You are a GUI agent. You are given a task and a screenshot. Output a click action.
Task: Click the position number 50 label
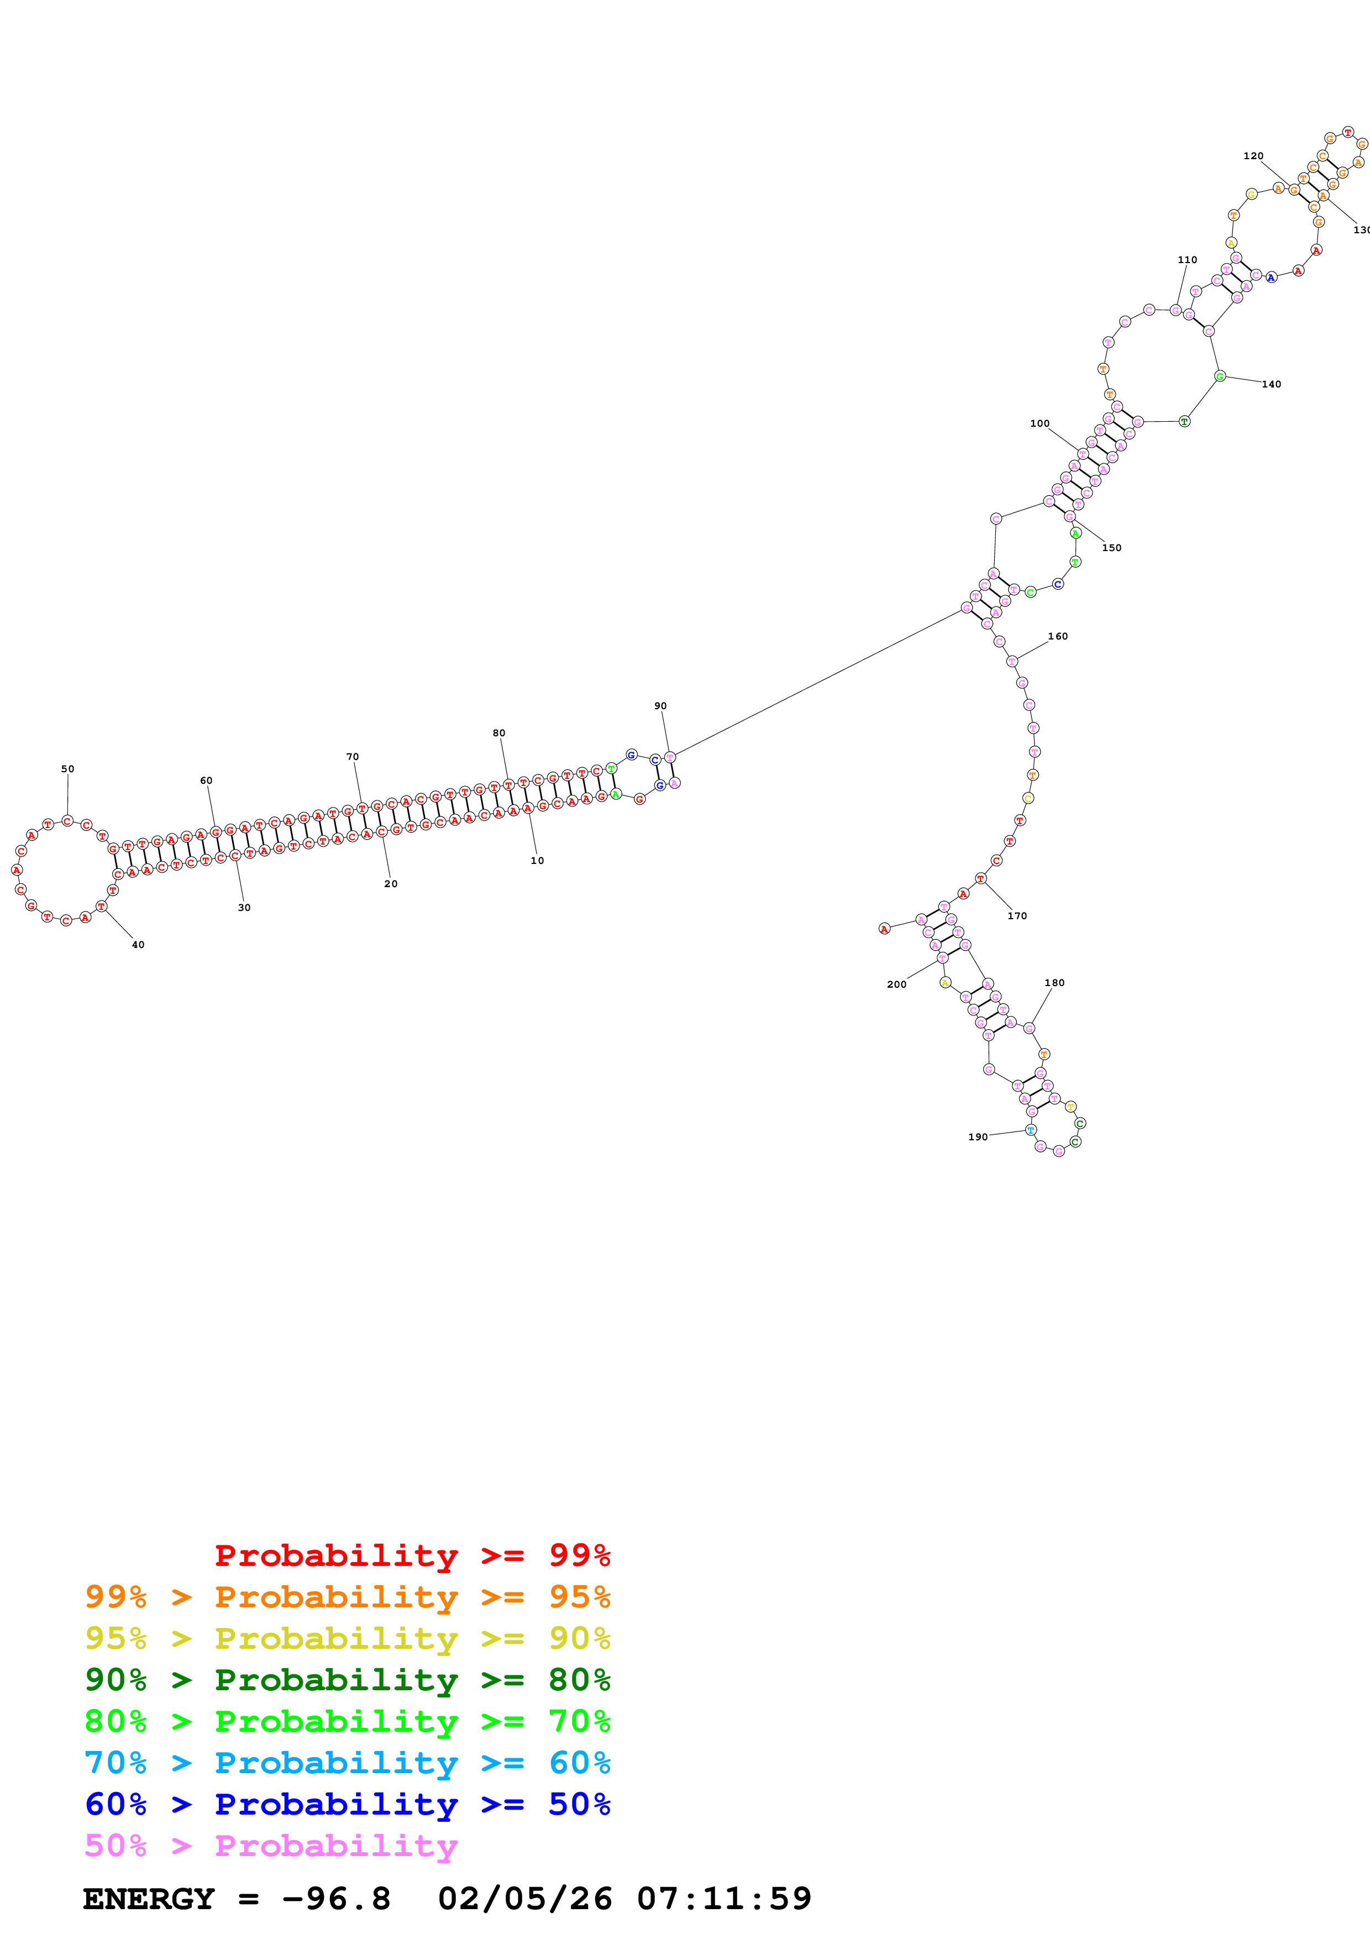(x=67, y=768)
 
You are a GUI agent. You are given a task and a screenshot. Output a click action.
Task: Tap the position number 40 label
(x=138, y=944)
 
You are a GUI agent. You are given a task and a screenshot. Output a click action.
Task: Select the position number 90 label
(x=660, y=705)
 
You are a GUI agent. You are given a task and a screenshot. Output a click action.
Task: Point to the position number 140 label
(x=1271, y=384)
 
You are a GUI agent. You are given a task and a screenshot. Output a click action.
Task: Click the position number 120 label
(x=1253, y=155)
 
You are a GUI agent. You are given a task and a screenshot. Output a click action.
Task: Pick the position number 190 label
(x=978, y=1137)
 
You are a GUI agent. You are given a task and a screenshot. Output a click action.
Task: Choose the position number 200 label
(x=896, y=984)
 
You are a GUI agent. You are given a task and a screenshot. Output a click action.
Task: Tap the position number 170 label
(x=1017, y=915)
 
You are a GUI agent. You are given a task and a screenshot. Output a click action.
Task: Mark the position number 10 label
(x=537, y=861)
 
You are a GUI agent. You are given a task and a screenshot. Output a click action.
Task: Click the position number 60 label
(x=206, y=780)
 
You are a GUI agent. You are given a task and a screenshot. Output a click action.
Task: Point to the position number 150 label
(x=1112, y=547)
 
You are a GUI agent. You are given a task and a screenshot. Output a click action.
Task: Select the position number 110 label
(x=1187, y=259)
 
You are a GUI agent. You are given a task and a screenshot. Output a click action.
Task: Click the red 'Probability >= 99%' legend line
(x=412, y=1555)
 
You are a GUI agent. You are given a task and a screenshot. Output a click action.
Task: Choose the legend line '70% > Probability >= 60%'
(x=347, y=1763)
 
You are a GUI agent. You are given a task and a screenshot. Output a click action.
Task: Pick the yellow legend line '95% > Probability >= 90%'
(x=347, y=1638)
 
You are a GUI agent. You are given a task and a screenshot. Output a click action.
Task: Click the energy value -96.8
(x=336, y=1899)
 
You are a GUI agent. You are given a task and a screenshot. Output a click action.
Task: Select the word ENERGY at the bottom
(x=149, y=1899)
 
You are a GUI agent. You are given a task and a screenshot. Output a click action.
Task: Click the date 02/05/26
(x=524, y=1899)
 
